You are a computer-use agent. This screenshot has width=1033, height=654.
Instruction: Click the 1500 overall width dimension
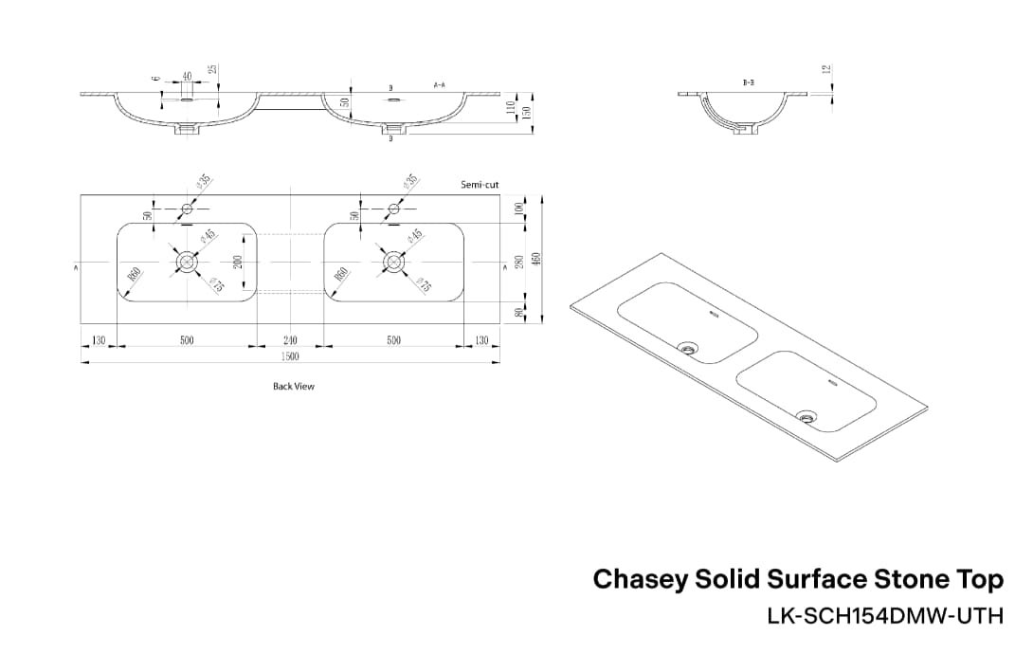coord(290,356)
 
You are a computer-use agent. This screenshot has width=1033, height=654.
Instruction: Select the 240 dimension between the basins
coord(290,340)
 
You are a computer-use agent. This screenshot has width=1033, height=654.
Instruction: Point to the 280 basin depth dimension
coord(518,262)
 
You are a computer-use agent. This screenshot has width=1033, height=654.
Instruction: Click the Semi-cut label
coord(480,185)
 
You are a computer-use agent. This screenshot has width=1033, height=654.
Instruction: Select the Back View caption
coord(294,386)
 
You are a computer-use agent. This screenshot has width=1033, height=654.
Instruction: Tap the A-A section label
coord(440,85)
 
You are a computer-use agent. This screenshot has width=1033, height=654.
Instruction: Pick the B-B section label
coord(748,83)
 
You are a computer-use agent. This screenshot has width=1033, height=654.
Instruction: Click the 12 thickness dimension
coord(825,69)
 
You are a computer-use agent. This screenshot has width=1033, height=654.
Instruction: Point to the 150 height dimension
coord(526,112)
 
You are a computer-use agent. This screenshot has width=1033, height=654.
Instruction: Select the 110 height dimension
coord(510,108)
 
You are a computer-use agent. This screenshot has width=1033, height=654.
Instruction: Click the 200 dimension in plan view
coord(238,261)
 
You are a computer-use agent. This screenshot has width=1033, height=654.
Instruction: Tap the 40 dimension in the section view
coord(187,76)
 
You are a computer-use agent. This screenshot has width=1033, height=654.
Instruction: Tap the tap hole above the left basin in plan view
coord(187,209)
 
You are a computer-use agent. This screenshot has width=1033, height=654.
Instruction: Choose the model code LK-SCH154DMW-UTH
coord(884,616)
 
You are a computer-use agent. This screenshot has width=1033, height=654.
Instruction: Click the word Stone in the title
coord(916,578)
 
